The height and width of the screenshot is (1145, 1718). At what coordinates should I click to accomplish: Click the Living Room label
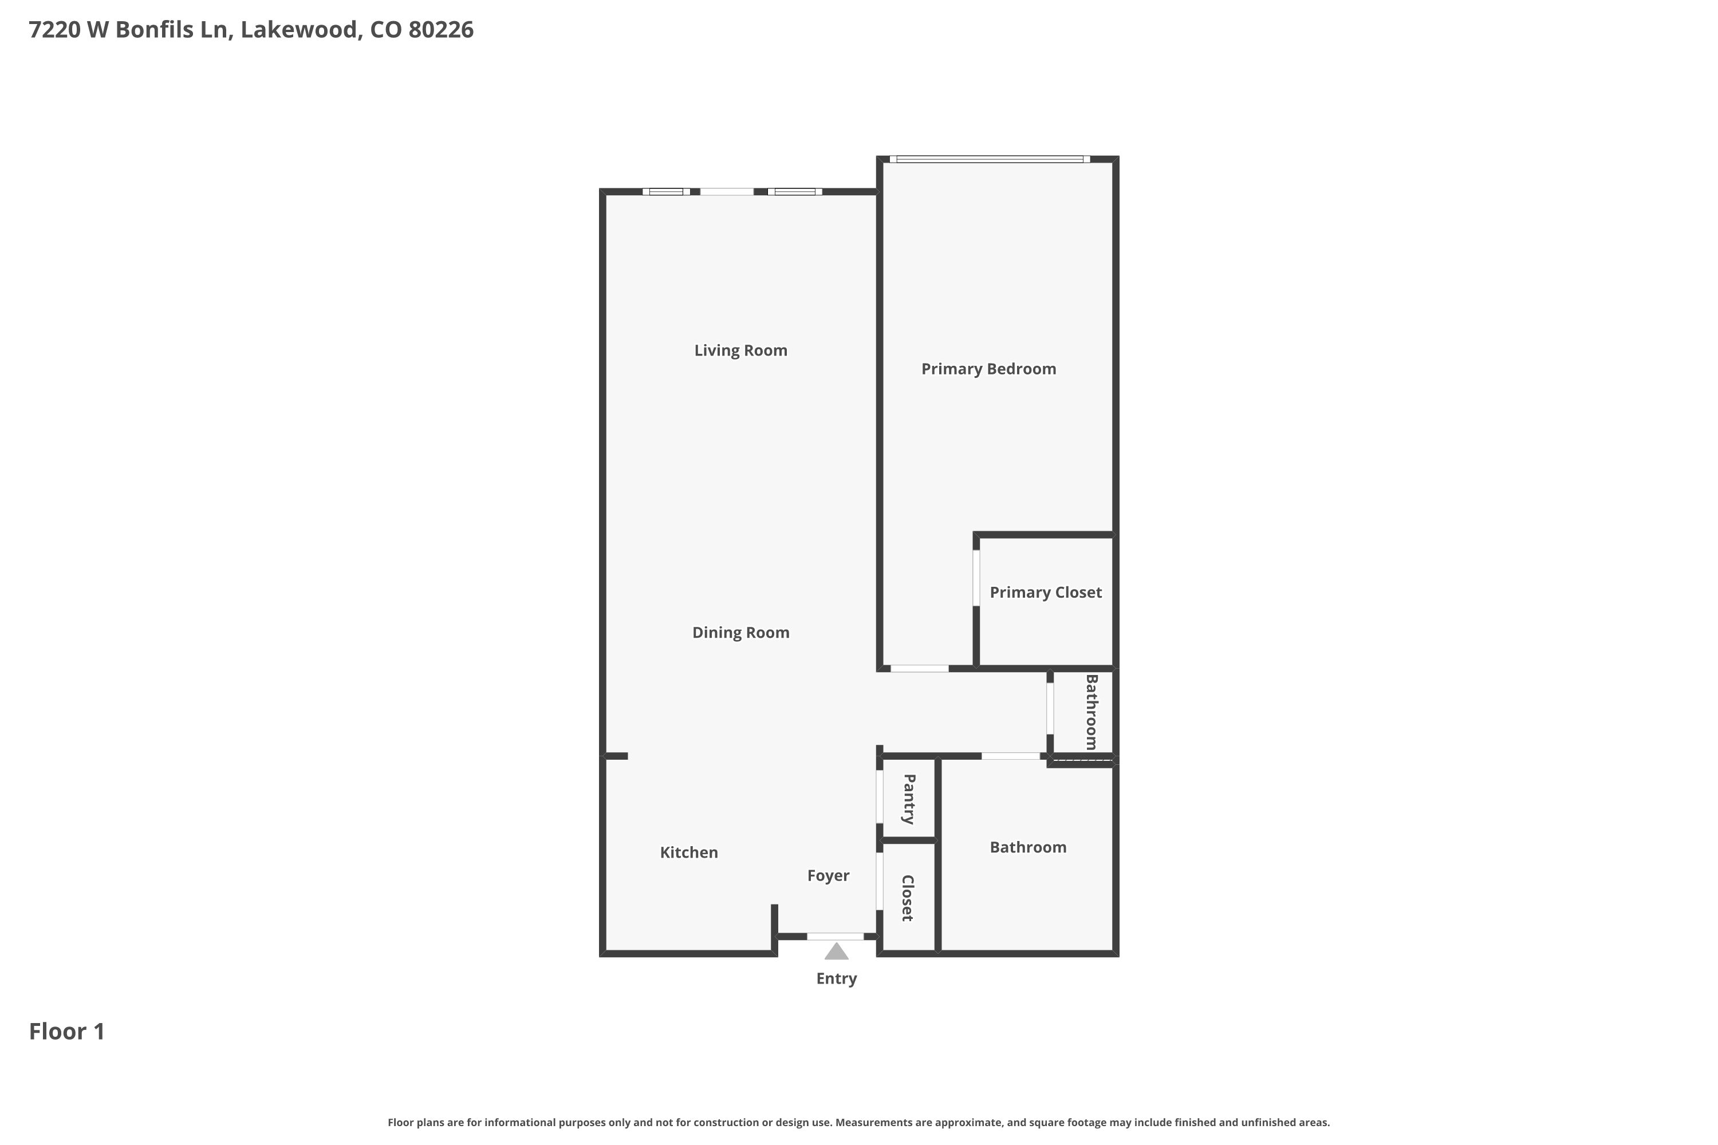740,350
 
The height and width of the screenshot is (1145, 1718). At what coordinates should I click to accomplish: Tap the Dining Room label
740,633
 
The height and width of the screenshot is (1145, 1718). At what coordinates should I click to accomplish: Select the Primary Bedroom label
988,369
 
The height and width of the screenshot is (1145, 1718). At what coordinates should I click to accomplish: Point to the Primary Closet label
1045,592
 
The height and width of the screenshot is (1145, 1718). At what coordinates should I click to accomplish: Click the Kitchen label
689,852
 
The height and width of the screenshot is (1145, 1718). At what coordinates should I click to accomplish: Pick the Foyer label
828,875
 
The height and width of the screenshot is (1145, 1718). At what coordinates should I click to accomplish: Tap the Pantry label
909,799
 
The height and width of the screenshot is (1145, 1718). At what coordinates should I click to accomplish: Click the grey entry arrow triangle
836,951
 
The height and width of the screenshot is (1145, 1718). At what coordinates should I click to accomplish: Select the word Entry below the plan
836,978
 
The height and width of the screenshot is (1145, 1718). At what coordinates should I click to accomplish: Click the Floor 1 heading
67,1031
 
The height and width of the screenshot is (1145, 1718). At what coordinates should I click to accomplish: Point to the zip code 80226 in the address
441,29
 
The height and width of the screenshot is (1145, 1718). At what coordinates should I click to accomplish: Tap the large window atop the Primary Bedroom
990,159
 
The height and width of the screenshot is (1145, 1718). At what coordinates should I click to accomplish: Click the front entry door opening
835,936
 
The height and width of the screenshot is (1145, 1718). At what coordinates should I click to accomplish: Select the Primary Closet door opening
976,578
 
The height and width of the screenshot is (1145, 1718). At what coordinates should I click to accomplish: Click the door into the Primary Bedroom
920,668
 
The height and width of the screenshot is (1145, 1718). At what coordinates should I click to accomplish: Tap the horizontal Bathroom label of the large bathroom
1028,847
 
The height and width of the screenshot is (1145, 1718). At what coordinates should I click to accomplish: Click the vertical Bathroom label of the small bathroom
1092,712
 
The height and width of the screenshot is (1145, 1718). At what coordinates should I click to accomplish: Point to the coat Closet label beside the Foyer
908,898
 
